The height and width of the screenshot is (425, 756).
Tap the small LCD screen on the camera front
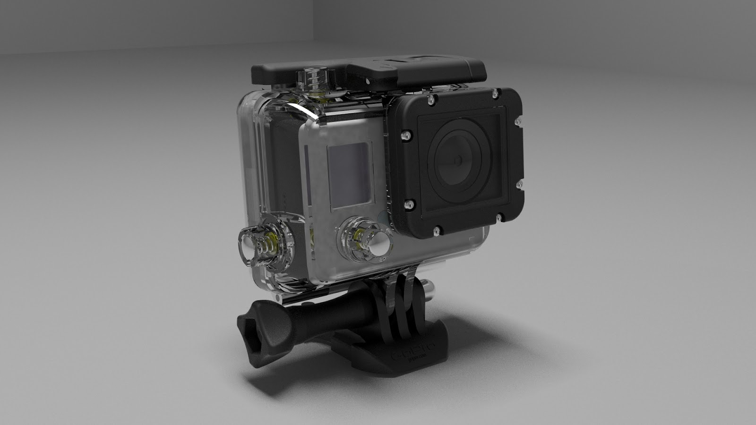click(x=348, y=176)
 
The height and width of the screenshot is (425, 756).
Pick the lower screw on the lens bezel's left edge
click(x=407, y=205)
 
